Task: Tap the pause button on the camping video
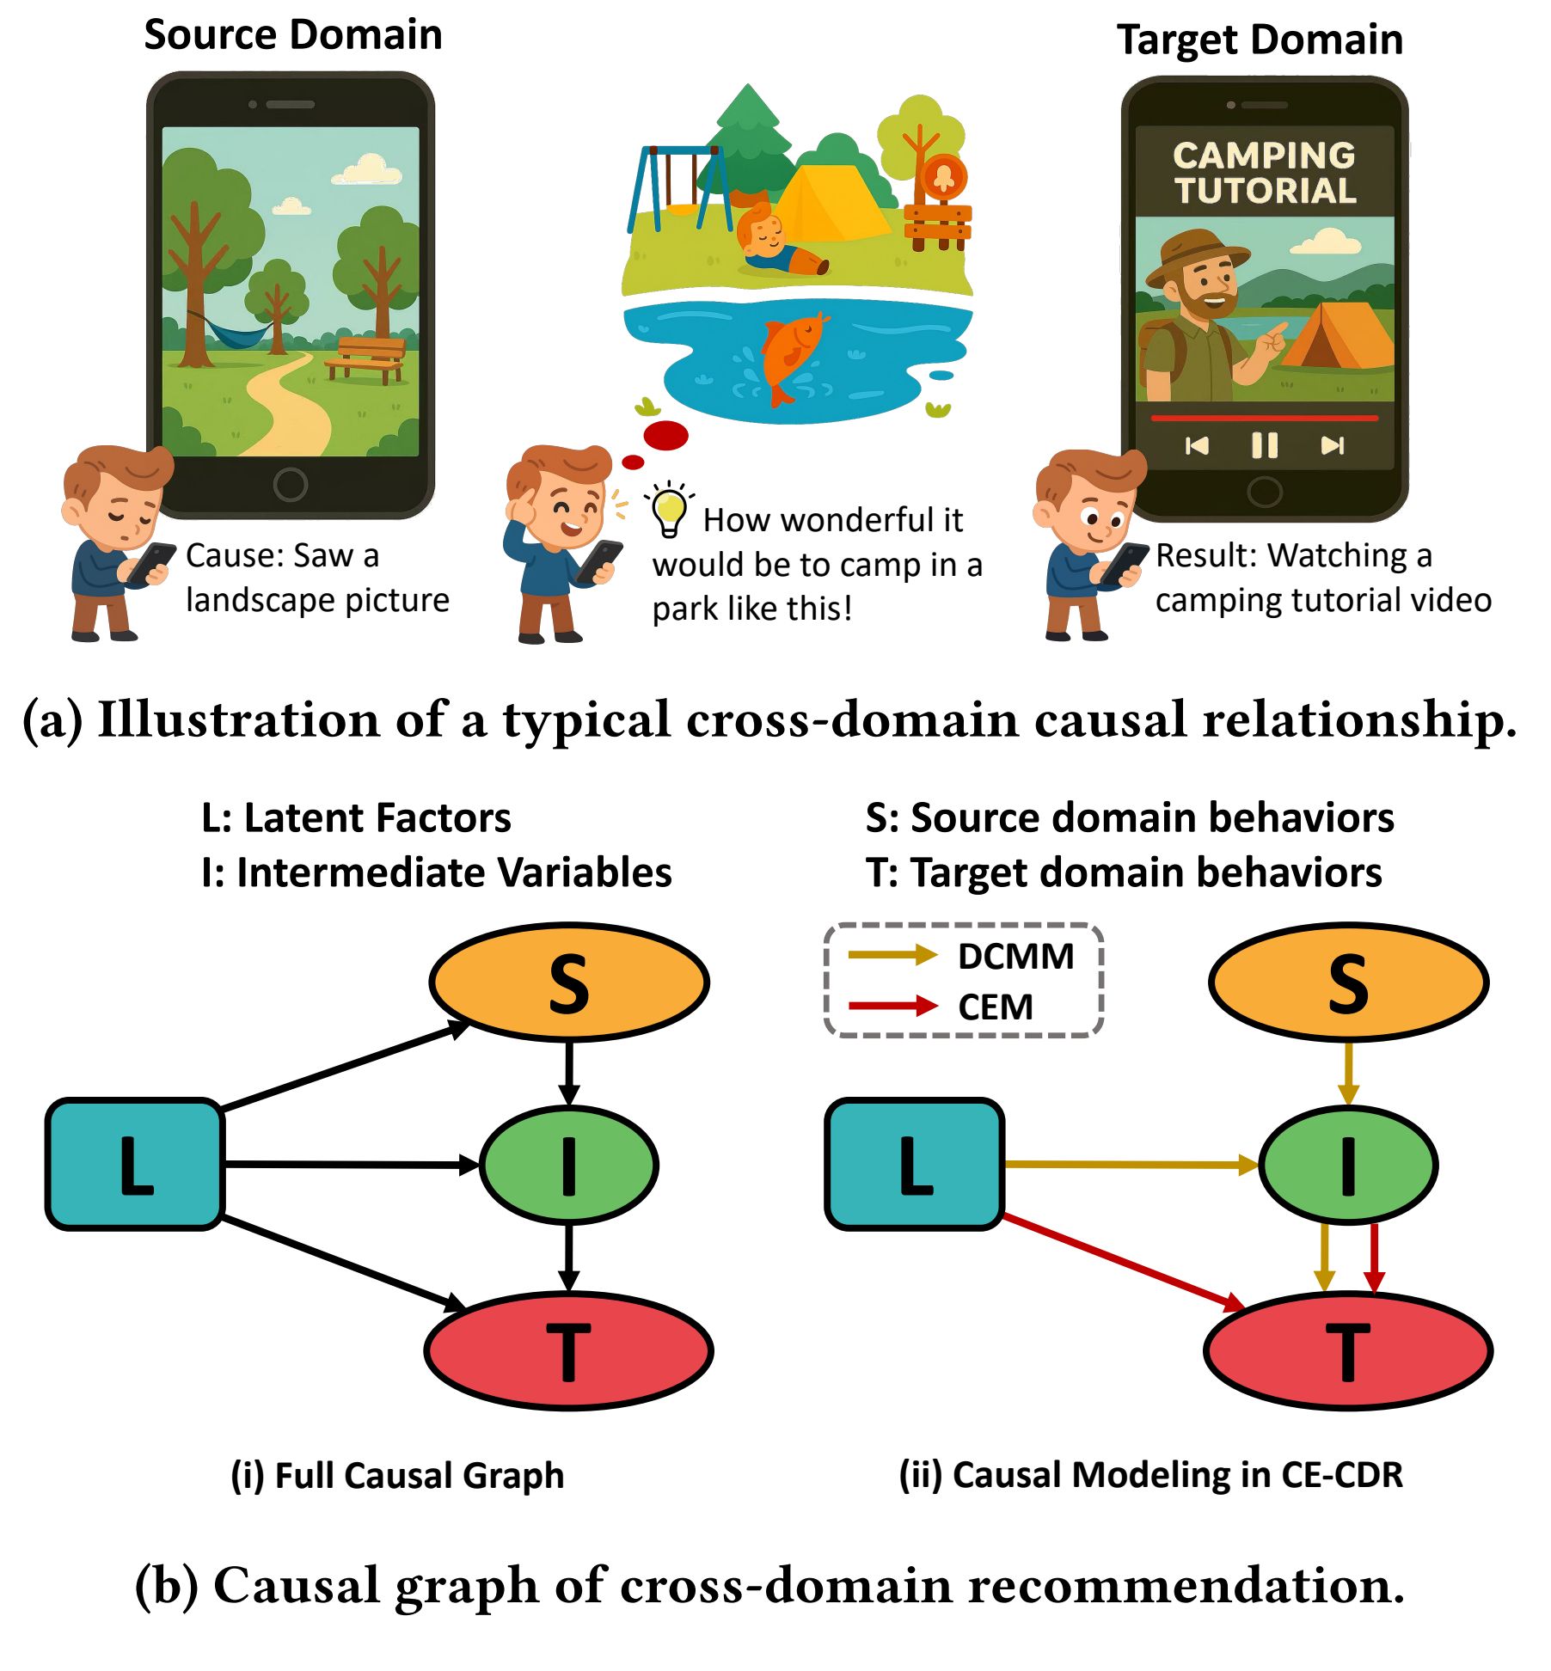coord(1264,445)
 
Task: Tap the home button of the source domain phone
coord(291,485)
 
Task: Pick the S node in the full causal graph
coord(569,982)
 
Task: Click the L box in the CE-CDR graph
coord(914,1164)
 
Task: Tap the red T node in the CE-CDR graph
coord(1347,1350)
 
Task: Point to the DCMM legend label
coord(1015,957)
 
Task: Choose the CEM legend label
coord(996,1007)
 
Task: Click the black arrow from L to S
coord(344,1066)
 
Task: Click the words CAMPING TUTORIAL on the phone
coord(1264,173)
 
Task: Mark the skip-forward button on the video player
coord(1332,445)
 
